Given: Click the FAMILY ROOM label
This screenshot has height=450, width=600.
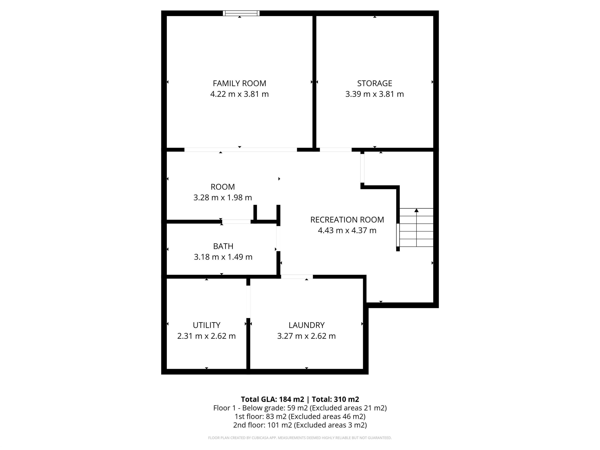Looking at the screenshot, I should tap(239, 83).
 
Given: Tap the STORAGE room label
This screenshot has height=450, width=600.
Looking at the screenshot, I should tap(374, 83).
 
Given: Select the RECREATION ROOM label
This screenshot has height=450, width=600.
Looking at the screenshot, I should tap(347, 220).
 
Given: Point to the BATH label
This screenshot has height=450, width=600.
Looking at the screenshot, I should tap(223, 246).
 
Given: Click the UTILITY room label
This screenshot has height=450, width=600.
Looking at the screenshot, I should tap(206, 325).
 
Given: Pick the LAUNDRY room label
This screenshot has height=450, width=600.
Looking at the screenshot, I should tap(306, 325).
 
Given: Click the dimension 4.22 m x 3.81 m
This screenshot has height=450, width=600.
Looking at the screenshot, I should tap(239, 94).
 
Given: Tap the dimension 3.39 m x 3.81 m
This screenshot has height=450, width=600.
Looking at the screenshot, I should tap(374, 94).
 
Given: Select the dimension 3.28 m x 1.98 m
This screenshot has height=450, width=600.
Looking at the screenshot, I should tap(222, 197).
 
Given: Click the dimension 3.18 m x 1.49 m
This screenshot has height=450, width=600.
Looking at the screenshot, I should tap(223, 257).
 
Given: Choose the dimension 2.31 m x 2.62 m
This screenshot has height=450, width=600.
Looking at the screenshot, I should tap(206, 336).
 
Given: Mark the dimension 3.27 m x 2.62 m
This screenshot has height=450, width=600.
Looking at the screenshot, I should tap(306, 336).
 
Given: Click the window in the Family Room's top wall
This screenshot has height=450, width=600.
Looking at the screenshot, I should tap(241, 13).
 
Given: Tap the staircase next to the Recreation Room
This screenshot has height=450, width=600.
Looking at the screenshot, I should tap(416, 228).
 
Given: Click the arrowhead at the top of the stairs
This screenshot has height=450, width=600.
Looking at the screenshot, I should tap(416, 210).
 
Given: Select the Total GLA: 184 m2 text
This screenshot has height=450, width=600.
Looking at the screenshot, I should tap(272, 399).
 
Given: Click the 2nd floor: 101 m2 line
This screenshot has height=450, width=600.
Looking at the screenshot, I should tap(300, 425).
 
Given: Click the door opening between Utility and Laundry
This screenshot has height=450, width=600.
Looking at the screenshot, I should tap(248, 302).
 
